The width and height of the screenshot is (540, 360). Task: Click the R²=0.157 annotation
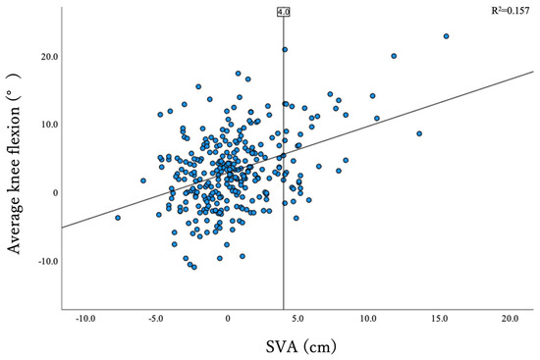pos(511,11)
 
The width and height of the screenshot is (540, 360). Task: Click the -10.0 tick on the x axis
pos(86,319)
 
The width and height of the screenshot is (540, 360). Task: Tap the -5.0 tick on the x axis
pos(157,319)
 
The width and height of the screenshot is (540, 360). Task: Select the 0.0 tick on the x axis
pos(228,319)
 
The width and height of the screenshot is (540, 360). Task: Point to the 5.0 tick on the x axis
pos(298,319)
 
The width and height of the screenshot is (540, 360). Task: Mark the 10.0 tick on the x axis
pos(369,319)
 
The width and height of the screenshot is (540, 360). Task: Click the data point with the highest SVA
pos(446,36)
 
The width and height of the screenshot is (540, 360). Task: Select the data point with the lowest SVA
pos(118,218)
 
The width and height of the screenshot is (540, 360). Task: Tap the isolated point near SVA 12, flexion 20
pos(394,56)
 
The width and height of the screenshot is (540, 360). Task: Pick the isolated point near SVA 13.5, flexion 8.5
pos(419,133)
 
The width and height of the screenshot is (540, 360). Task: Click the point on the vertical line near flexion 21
pos(285,49)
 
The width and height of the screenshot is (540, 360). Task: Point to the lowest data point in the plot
pos(194,267)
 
